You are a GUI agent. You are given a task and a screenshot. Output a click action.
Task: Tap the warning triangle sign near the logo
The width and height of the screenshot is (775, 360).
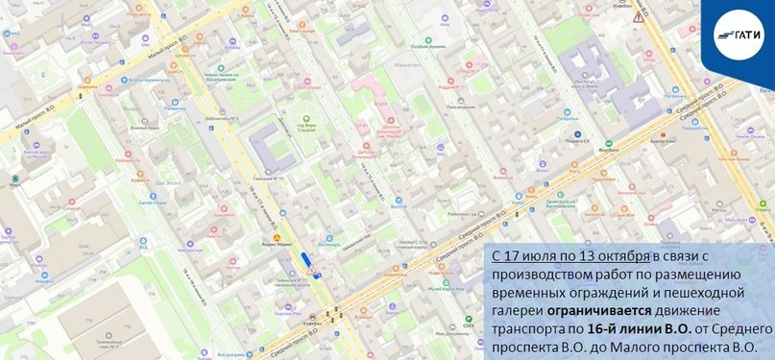point(637,17)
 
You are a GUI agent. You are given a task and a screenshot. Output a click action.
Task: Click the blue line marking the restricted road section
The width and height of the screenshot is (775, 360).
point(306,260)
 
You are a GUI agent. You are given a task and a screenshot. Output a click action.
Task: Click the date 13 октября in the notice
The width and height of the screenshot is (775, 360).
point(613,257)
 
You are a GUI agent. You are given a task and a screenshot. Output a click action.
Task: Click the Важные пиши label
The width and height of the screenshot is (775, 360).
point(145,128)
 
